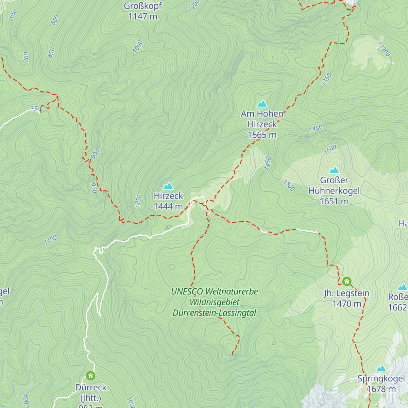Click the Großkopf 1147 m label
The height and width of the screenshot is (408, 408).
pos(143,11)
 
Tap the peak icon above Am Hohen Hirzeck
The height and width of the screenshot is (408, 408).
pos(262,103)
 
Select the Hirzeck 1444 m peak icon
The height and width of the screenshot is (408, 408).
pos(168,186)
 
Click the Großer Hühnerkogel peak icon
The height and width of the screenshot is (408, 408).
pos(334,170)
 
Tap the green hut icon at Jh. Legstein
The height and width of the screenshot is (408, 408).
pos(346,281)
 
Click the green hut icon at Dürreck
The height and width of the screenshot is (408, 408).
pos(90,375)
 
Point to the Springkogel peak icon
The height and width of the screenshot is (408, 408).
pos(381,369)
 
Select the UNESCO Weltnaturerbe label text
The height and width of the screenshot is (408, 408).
pos(214,291)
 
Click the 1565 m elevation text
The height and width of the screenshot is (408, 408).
pos(262,135)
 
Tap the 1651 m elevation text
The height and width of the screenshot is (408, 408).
pos(334,201)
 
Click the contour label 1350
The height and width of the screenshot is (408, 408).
pos(326,80)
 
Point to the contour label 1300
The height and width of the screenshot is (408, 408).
pos(385,51)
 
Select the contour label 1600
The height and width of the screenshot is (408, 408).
pos(330,150)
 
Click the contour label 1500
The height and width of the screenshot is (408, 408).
pos(289,185)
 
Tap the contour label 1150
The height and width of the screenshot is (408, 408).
pos(50,240)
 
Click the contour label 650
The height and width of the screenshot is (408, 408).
pos(13,14)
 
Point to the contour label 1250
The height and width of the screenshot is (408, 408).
pos(138,201)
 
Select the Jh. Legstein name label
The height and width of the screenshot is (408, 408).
pos(346,293)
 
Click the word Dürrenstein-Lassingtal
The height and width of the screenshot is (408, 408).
pos(214,313)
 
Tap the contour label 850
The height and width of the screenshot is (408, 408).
pos(51,53)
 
